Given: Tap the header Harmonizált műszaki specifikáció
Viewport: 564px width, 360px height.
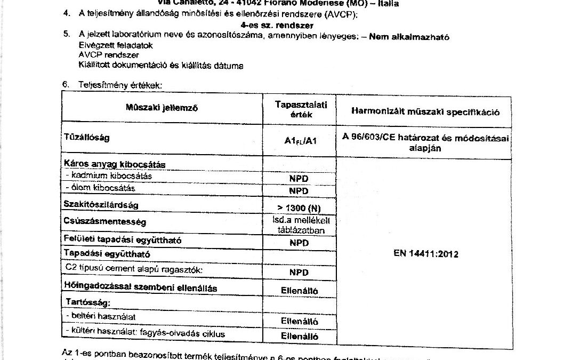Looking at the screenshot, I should click(424, 112).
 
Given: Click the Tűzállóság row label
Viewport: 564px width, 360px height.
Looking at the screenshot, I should click(87, 138).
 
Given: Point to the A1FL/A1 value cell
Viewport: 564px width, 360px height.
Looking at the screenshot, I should click(298, 140).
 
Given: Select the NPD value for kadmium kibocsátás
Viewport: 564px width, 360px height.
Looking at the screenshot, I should click(299, 179).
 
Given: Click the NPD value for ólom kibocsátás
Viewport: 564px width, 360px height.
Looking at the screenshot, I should click(299, 191).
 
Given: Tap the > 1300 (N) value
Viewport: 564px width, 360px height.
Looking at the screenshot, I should click(299, 207).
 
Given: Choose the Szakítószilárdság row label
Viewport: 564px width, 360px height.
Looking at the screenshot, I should click(104, 204).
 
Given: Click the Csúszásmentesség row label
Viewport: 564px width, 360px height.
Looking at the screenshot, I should click(104, 221).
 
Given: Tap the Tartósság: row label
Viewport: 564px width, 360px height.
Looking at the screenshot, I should click(87, 302).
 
